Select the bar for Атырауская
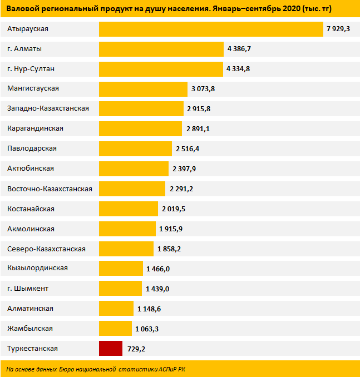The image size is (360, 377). pos(211,29)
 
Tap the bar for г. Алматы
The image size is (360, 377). pos(161,49)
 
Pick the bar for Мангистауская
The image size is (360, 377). pos(143,89)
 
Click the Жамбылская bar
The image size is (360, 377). pos(115,329)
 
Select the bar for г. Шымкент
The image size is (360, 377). pos(120,289)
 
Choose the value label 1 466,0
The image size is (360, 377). pos(158,269)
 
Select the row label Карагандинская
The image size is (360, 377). pos(36,128)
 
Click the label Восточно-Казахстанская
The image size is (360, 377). pos(50,188)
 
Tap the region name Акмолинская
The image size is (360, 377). pos(31,229)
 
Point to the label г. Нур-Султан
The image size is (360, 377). pos(31,68)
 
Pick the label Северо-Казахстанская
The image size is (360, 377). pos(47,249)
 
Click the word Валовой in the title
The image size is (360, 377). pos(20,8)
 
